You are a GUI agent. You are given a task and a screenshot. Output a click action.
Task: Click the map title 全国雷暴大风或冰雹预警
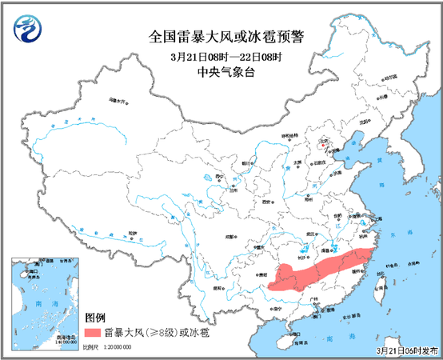(221, 36)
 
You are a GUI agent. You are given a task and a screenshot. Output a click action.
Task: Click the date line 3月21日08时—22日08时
(221, 56)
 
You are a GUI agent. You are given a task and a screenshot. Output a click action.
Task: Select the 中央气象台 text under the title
(221, 72)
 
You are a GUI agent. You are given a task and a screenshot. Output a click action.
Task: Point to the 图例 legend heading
(95, 318)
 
